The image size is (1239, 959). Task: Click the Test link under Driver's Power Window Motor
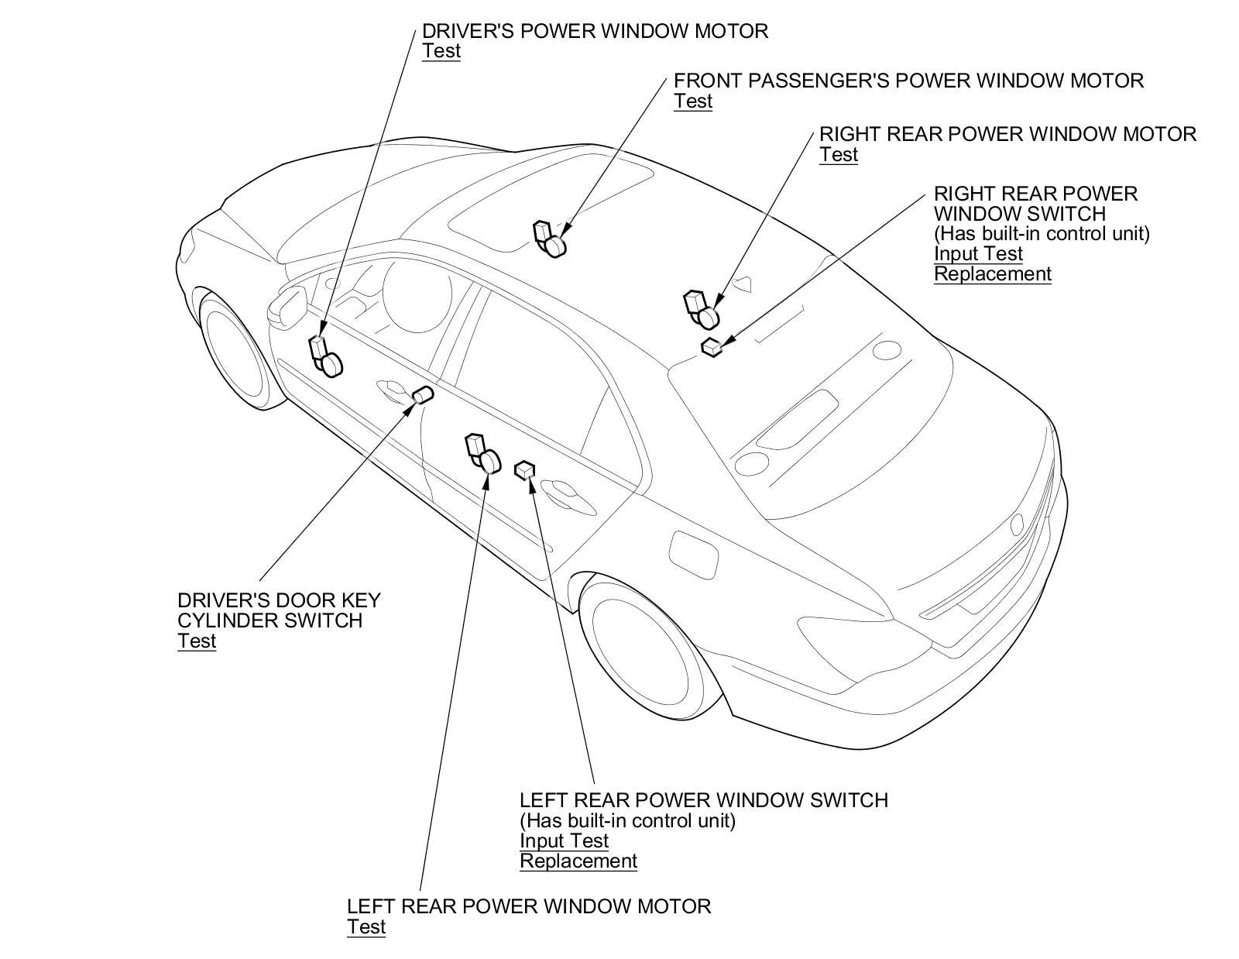tap(441, 51)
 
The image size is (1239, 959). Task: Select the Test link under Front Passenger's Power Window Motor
tap(693, 101)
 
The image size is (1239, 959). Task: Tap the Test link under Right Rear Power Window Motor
tap(839, 155)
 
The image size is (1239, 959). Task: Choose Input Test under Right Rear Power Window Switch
tap(978, 254)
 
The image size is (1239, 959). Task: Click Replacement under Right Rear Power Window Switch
tap(992, 274)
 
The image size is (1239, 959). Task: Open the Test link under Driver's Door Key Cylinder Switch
tap(197, 641)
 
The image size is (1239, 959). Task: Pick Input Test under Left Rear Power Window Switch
tap(564, 841)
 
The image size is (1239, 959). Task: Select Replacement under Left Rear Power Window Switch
tap(578, 861)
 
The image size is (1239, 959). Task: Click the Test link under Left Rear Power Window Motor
tap(366, 927)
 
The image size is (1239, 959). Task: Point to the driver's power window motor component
tap(326, 357)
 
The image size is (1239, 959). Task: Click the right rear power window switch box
tap(712, 347)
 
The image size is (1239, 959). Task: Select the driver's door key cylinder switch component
tap(423, 395)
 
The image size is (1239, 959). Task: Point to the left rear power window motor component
tap(482, 454)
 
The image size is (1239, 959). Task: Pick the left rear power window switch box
tap(526, 469)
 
